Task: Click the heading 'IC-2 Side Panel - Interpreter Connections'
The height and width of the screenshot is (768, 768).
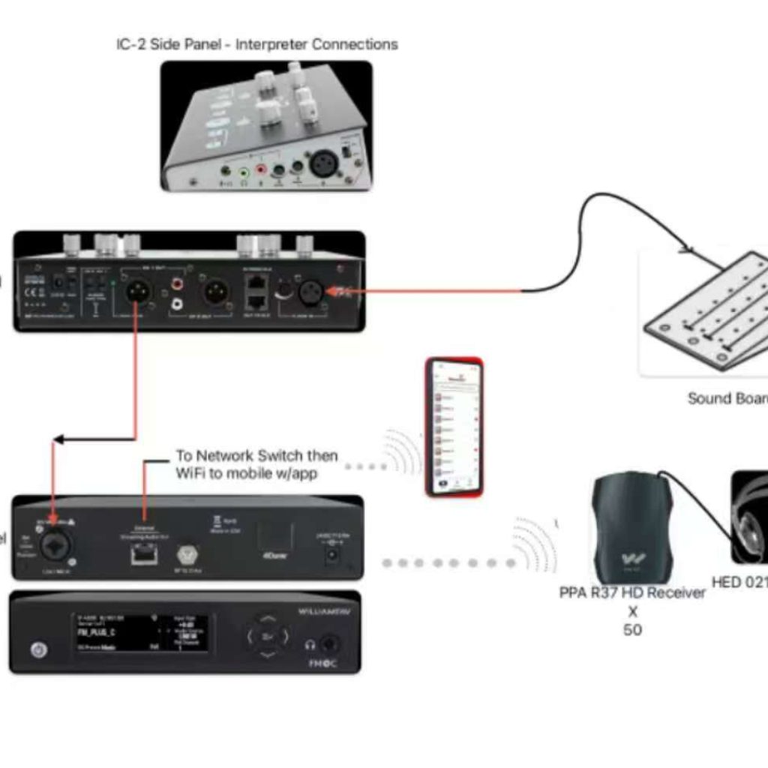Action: coord(256,44)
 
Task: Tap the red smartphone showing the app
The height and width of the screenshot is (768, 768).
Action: coord(454,427)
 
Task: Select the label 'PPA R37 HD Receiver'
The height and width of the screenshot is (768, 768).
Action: coord(632,592)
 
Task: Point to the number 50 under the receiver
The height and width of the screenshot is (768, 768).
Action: coord(632,629)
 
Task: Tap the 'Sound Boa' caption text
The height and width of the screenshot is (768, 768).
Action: coord(727,398)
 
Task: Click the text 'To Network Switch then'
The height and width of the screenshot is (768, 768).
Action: coord(256,455)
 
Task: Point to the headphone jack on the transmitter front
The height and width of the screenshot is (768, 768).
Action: coord(328,643)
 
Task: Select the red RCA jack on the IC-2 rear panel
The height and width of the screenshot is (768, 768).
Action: coord(178,284)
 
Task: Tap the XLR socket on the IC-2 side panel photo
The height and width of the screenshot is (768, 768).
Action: coord(325,164)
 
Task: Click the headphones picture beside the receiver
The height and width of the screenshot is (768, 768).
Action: coord(750,517)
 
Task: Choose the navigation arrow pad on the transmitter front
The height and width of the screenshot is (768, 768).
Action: coord(268,637)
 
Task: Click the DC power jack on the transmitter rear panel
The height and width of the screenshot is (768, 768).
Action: coord(329,554)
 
